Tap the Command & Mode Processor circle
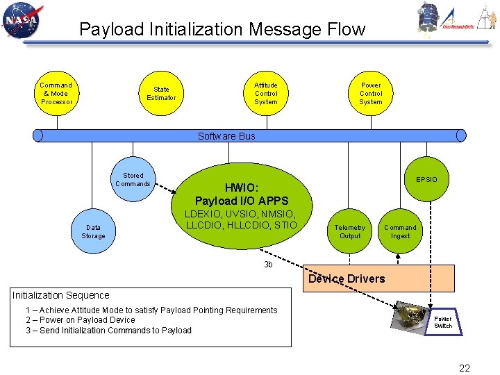pos(57,94)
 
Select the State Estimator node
pos(161,94)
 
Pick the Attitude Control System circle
pos(266,94)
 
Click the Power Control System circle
pos(371,94)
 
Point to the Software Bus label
pos(226,136)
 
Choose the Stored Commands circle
pos(133,180)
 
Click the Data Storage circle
pos(93,231)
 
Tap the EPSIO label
pos(426,180)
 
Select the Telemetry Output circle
pos(350,231)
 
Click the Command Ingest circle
pos(401,231)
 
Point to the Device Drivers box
pos(379,278)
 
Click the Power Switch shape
pos(442,322)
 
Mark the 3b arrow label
pos(268,265)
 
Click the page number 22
pos(465,367)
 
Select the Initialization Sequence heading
pos(61,295)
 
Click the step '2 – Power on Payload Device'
pos(81,320)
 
